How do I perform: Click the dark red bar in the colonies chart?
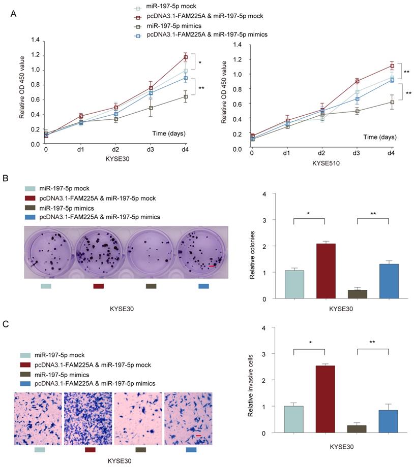coord(325,271)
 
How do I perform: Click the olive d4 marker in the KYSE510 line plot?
coord(392,102)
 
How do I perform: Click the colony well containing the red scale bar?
coord(202,252)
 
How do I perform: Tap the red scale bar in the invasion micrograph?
coord(199,436)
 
